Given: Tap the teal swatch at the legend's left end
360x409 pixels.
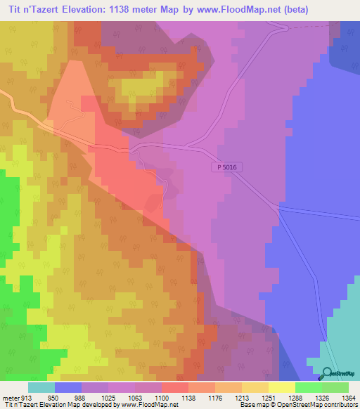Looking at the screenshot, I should click(41, 387).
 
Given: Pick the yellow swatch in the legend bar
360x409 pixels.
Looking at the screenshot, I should click(281, 387).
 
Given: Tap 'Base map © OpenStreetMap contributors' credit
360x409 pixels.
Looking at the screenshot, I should click(296, 405).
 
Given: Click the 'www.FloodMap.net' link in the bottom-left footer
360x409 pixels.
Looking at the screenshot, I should click(150, 405).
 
